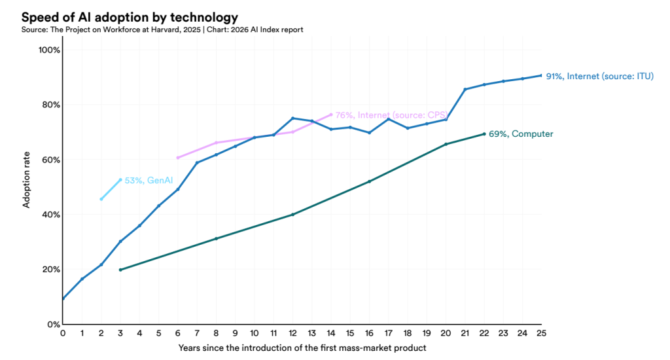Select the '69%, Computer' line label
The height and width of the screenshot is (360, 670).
click(x=521, y=134)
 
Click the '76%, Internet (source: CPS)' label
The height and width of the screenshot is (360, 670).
click(x=391, y=115)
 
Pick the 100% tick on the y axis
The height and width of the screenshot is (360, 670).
click(x=50, y=50)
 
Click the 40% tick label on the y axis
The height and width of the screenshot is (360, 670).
click(x=51, y=215)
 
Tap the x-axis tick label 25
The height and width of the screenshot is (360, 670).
click(x=542, y=334)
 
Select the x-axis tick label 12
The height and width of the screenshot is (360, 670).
click(x=292, y=334)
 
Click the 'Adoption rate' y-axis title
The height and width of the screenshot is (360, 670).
click(x=27, y=186)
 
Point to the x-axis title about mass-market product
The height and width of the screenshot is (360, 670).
click(x=302, y=348)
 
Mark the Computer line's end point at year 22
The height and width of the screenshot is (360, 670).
click(x=484, y=134)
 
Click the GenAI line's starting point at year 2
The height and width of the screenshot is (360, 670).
click(x=101, y=199)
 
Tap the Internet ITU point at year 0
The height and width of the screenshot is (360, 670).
click(x=63, y=298)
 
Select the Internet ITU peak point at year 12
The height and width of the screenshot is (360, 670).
click(x=292, y=118)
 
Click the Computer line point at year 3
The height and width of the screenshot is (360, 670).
click(x=120, y=270)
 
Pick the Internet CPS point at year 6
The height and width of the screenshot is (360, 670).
click(x=177, y=158)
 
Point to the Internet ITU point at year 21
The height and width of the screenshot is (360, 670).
click(x=465, y=89)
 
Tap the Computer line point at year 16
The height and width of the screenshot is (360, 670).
click(x=369, y=181)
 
